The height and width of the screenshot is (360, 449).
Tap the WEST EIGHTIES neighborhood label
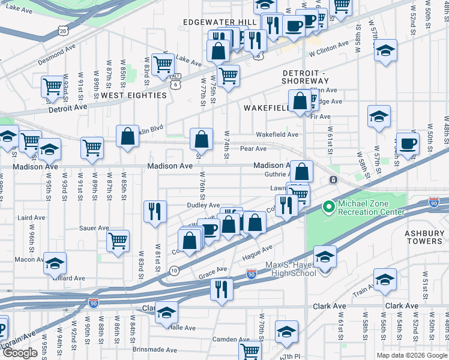click(x=133, y=95)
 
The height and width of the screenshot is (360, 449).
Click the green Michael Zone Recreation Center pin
click(x=328, y=208)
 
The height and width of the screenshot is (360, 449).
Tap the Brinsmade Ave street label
click(x=155, y=349)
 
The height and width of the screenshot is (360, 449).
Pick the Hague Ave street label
click(x=258, y=250)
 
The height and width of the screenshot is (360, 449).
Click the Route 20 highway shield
click(x=64, y=30)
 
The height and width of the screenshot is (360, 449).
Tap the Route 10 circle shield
click(x=174, y=271)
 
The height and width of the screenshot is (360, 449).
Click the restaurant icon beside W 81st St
click(x=155, y=211)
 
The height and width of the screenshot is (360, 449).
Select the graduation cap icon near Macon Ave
click(x=55, y=263)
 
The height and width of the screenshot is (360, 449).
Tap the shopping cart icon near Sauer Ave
click(x=118, y=241)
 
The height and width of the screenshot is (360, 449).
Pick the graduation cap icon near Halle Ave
click(x=166, y=313)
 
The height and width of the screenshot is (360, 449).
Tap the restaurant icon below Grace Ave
click(x=221, y=289)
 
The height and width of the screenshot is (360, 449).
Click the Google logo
click(x=20, y=352)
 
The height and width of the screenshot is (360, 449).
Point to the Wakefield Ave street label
click(x=277, y=134)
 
